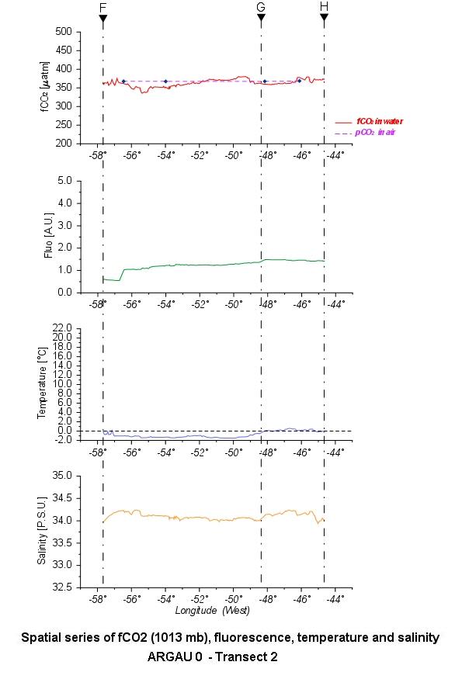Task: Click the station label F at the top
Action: click(x=103, y=8)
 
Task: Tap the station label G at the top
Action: click(x=261, y=7)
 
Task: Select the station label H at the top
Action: click(x=324, y=7)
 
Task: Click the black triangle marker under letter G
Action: click(x=261, y=18)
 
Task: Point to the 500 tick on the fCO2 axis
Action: click(x=64, y=31)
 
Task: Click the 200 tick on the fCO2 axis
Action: click(x=64, y=144)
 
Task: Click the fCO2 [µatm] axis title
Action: click(x=46, y=87)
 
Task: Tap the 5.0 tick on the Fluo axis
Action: click(x=65, y=181)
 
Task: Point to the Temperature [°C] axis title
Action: click(x=42, y=383)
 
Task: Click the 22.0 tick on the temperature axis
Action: click(x=62, y=327)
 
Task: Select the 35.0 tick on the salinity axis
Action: click(x=62, y=476)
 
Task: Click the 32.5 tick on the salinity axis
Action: click(x=62, y=587)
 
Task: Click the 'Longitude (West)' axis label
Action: click(x=213, y=611)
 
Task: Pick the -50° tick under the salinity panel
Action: click(x=234, y=599)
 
